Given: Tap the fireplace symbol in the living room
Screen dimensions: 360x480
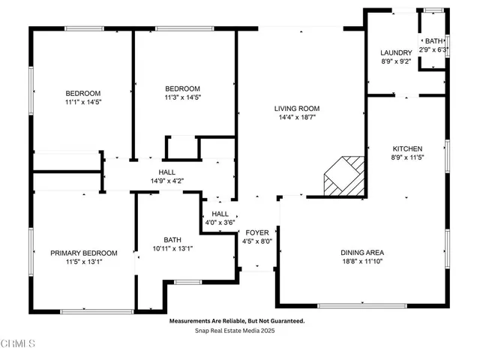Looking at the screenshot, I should coord(343,176).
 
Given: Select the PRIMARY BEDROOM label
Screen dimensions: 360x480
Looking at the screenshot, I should coord(83,253).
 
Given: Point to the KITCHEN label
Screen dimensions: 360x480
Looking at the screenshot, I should coord(406,148).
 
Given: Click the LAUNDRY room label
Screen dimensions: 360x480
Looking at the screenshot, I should coord(396,52).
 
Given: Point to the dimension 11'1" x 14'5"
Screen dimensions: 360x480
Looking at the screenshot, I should coord(82,103).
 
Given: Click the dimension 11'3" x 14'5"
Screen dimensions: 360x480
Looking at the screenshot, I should coord(183,97).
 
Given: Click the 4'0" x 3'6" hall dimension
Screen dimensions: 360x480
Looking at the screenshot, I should coord(220,223).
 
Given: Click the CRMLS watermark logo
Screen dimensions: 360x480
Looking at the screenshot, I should coord(18,343).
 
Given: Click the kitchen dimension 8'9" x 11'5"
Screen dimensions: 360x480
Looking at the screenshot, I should coord(406,158).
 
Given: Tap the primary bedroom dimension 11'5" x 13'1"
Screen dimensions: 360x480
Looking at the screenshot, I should coord(83,262).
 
